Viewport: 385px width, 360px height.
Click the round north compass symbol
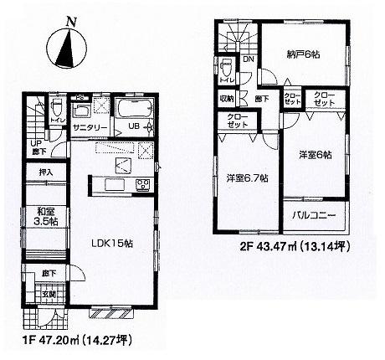coord(67,49)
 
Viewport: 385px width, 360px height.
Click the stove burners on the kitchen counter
coord(141,184)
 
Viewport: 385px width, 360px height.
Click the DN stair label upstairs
coord(249,61)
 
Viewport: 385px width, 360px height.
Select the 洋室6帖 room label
coord(315,155)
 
